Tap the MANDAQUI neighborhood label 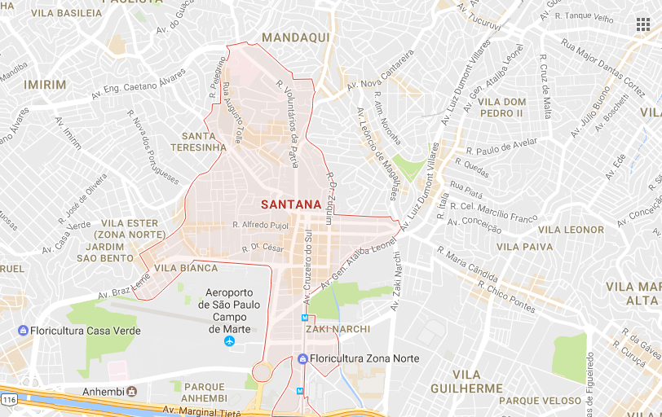(x=295, y=37)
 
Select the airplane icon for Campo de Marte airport (x=229, y=340)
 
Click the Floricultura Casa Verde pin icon (x=23, y=331)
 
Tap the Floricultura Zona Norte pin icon (x=302, y=358)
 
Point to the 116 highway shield (x=9, y=401)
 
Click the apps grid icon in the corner (x=643, y=24)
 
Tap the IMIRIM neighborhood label (x=45, y=85)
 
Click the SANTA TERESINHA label (x=198, y=142)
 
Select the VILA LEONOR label (x=572, y=230)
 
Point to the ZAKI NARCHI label (x=338, y=329)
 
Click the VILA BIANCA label (x=186, y=268)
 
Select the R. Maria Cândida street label (x=467, y=263)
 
